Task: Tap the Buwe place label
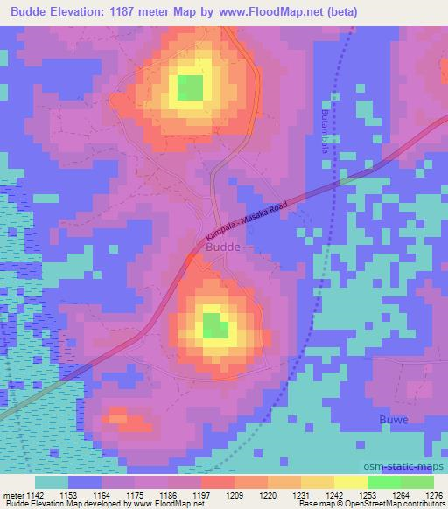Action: click(x=393, y=420)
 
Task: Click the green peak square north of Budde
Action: click(x=190, y=87)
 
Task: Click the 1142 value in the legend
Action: click(x=34, y=495)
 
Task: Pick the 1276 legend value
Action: click(x=432, y=495)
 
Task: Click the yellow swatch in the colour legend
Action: click(x=350, y=482)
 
